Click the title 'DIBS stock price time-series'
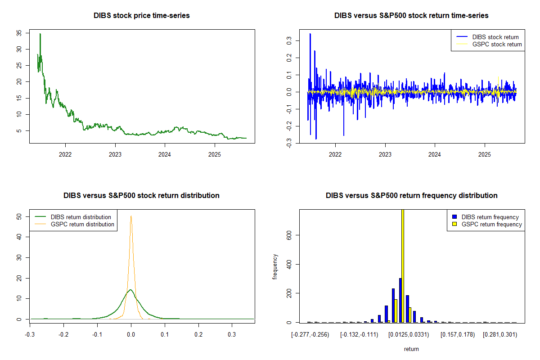click(142, 16)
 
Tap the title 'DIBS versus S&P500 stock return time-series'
click(411, 16)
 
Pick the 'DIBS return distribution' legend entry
click(81, 217)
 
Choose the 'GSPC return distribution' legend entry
click(82, 224)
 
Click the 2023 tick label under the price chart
click(115, 153)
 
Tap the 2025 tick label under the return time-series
click(485, 153)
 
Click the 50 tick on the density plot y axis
click(19, 216)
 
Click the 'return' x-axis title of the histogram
click(411, 349)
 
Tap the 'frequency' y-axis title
click(275, 266)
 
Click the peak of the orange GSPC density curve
click(131, 216)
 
